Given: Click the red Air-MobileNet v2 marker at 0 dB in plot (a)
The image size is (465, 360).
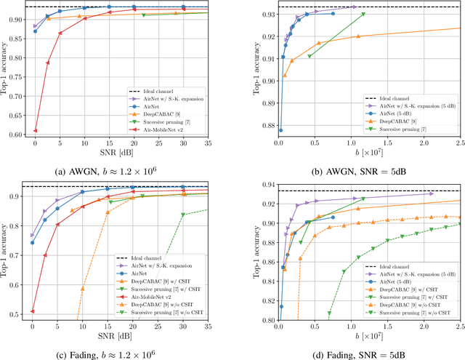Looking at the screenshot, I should point(35,131).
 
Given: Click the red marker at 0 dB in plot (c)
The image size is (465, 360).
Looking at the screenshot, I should point(33,311).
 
